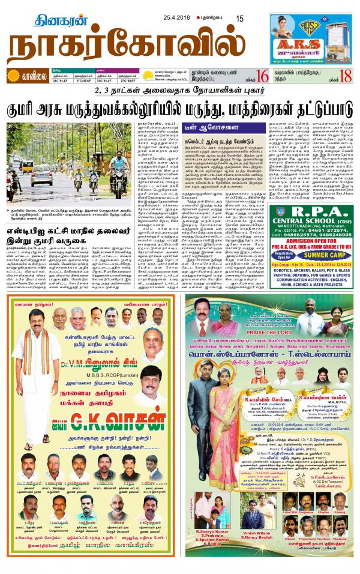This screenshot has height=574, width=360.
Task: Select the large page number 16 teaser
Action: coord(261,76)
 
